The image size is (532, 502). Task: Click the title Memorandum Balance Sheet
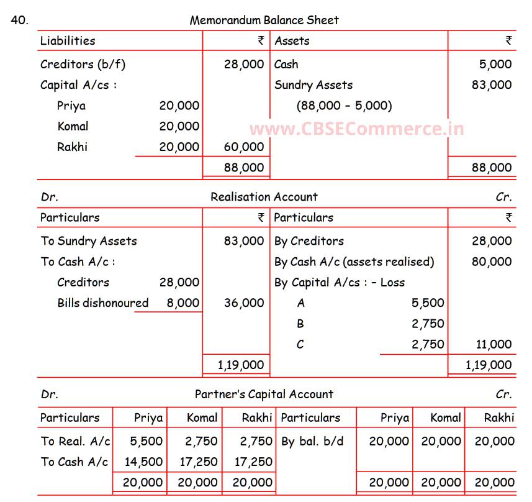point(264,21)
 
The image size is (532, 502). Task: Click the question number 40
point(19,20)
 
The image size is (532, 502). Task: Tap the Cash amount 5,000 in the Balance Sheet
point(495,64)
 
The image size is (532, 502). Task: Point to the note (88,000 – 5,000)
point(344,106)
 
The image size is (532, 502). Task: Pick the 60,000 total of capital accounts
point(244,147)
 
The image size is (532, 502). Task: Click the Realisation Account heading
point(264,197)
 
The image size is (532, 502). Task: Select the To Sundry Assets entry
point(89,241)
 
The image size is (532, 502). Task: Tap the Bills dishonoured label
point(103,303)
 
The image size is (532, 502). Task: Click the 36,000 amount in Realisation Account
point(244,303)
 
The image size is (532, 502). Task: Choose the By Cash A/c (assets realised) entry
point(354,262)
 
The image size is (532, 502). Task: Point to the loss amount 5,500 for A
point(428,303)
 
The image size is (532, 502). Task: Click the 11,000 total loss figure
point(491,344)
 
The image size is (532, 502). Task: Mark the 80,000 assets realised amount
point(491,262)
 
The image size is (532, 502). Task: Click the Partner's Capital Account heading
point(264,395)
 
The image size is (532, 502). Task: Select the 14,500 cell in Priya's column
point(146,462)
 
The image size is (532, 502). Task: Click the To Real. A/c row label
point(75,442)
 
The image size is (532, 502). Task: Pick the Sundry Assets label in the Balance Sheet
point(313,85)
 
